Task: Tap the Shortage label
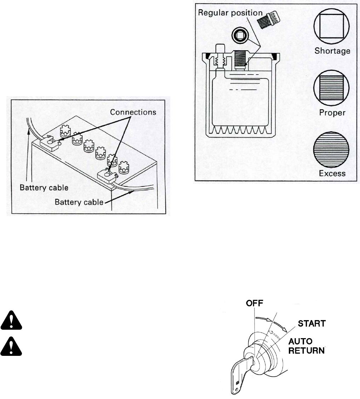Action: pos(332,51)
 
